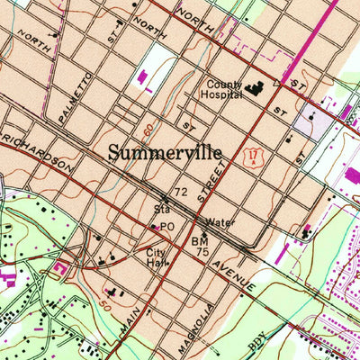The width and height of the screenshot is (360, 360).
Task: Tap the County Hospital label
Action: point(220,85)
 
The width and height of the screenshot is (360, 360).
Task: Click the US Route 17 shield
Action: point(256,158)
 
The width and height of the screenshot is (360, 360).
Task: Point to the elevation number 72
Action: point(181,193)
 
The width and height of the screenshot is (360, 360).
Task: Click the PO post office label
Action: point(168,227)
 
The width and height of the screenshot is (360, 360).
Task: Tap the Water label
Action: point(220,221)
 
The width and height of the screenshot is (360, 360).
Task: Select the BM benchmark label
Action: point(199,242)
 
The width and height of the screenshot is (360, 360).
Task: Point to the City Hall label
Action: point(157,258)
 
